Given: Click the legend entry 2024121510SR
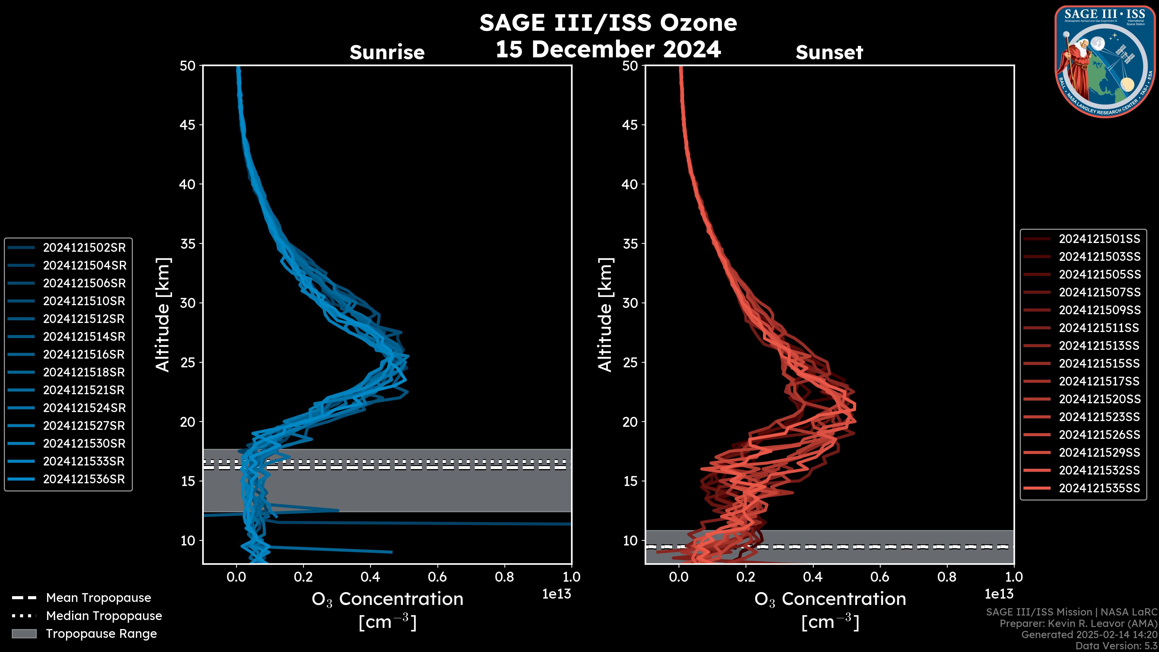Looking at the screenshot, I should coord(84,301).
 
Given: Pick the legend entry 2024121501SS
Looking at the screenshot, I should coord(1099,239).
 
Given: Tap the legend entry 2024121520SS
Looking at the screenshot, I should coord(1099,399).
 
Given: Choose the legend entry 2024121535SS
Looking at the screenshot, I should coord(1099,488).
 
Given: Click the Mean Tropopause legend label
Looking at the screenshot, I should coord(98,598).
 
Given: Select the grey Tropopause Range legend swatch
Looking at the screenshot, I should coord(24,634).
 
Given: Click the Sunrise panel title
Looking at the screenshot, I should coord(387,52).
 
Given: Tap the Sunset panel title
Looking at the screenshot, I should coord(829,52).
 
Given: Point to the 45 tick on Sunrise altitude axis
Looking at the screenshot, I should coord(188,125).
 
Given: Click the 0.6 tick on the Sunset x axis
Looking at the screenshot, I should coord(880,577).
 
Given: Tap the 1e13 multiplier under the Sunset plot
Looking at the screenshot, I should coord(999,594).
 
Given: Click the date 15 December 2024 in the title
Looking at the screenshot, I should coord(608,49).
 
